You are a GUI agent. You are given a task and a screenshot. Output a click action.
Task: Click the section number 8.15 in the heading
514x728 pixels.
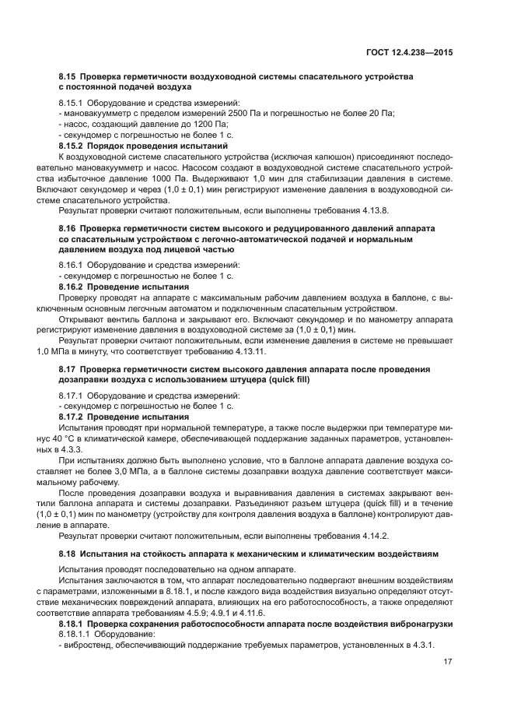[67, 77]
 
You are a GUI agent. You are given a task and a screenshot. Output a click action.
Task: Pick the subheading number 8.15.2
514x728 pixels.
[73, 146]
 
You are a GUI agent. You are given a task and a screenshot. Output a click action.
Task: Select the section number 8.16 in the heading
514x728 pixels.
[67, 228]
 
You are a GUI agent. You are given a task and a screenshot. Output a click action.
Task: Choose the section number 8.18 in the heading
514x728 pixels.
[67, 554]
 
